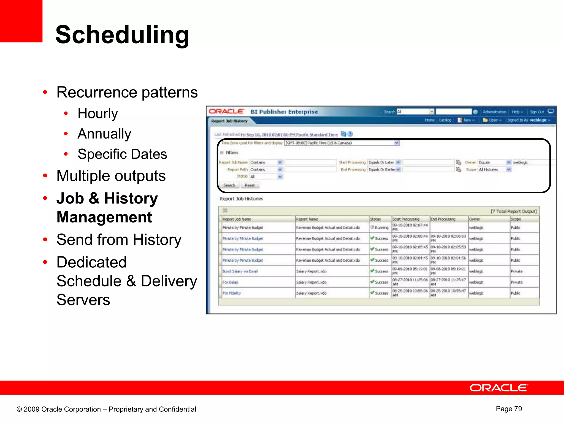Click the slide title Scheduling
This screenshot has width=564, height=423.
click(122, 35)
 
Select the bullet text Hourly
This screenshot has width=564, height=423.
click(97, 113)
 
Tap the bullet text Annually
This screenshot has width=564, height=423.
click(104, 134)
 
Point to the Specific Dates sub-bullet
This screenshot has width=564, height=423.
click(122, 154)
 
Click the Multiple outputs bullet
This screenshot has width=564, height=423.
click(111, 176)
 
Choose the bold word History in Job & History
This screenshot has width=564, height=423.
click(131, 198)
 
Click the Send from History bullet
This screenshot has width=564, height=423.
click(119, 240)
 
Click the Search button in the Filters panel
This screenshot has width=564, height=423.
click(229, 185)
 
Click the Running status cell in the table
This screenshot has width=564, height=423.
click(380, 227)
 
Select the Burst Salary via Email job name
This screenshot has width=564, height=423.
click(240, 271)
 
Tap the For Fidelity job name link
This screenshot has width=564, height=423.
click(231, 293)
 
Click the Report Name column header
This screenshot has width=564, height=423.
click(307, 219)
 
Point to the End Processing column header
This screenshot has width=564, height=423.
click(443, 219)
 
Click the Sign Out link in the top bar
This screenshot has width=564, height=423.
click(537, 112)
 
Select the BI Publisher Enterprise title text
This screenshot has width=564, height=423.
click(284, 112)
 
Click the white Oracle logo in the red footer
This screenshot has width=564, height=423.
click(499, 388)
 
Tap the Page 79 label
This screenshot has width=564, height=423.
click(509, 409)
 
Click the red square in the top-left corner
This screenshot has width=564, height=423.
click(21, 21)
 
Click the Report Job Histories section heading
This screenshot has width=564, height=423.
click(241, 199)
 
